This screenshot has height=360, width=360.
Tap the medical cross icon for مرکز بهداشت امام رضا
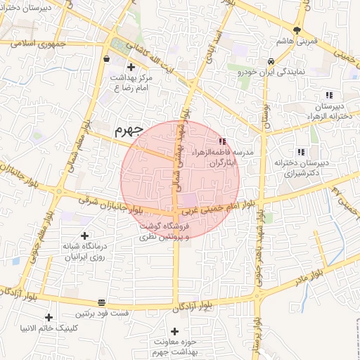click(x=131, y=67)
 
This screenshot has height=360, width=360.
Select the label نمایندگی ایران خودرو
click(x=271, y=72)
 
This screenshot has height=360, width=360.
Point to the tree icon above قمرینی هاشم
click(x=297, y=30)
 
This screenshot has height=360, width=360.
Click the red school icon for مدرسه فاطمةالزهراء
click(x=223, y=141)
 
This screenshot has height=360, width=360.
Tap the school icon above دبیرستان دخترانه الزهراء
click(x=328, y=96)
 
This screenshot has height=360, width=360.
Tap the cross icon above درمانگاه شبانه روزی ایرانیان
click(x=85, y=236)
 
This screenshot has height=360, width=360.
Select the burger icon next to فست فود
click(x=102, y=302)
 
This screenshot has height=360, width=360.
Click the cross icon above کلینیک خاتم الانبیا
click(x=49, y=317)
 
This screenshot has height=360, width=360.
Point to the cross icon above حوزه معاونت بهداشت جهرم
click(x=174, y=330)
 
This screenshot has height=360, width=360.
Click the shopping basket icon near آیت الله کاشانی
click(x=105, y=59)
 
